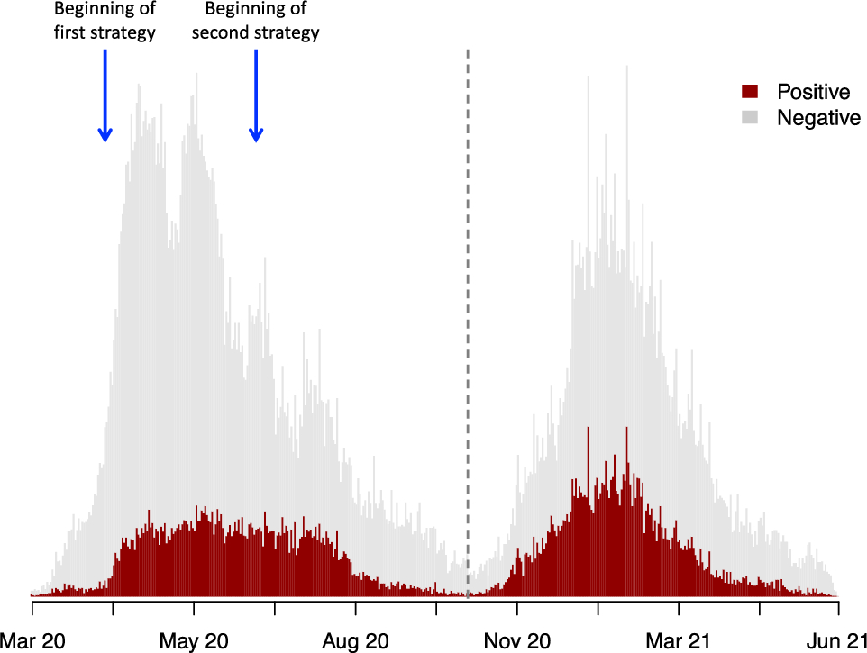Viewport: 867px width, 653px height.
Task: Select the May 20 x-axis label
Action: (x=194, y=641)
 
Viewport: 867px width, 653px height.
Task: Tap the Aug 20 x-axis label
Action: (x=355, y=641)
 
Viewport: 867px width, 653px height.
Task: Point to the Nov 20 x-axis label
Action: (x=516, y=641)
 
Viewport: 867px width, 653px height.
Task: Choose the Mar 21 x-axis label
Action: (x=678, y=641)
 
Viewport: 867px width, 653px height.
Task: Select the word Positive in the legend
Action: (x=813, y=92)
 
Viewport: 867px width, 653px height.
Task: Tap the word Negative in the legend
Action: (x=818, y=118)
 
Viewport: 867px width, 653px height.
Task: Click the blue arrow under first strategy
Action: (x=105, y=95)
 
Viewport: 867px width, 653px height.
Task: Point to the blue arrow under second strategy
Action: (x=256, y=95)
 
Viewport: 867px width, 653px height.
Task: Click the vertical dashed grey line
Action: (x=468, y=315)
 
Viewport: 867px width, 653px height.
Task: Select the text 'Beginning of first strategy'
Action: (x=105, y=22)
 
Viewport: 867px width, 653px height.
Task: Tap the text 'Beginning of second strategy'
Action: (x=256, y=22)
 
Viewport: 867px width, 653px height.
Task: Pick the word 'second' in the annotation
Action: (x=218, y=33)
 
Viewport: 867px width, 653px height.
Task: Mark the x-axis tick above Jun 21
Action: (x=839, y=608)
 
